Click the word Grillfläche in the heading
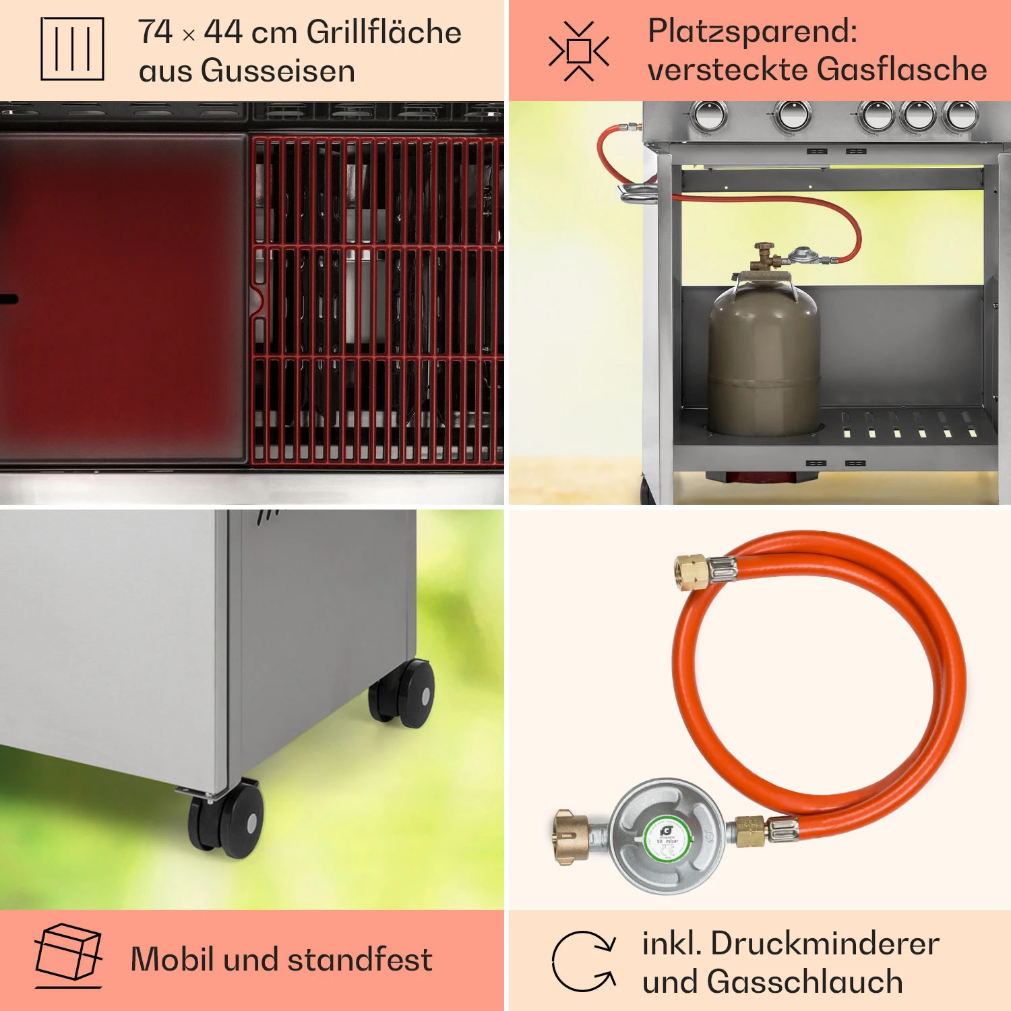coord(384,32)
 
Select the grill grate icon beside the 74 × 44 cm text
coord(72,49)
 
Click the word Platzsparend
coord(752,31)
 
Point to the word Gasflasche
coord(902,69)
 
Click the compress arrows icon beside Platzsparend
coord(578,51)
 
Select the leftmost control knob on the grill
coord(708,115)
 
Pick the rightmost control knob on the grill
coord(960,115)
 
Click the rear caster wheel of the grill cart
coord(403,693)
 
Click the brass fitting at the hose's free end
coord(691,573)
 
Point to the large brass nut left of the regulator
coord(572,838)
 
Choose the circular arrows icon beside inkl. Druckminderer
coord(584,962)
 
